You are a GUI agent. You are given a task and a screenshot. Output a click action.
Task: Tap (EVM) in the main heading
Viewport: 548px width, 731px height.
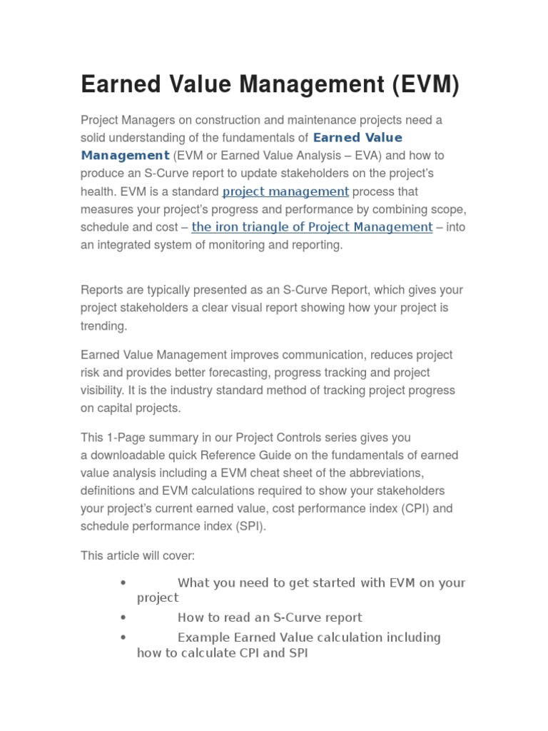[424, 85]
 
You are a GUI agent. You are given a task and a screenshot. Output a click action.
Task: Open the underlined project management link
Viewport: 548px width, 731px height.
[285, 191]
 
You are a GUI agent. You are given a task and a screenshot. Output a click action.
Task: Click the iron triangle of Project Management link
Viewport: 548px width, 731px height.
[312, 227]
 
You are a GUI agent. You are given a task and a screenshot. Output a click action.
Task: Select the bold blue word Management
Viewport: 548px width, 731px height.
[125, 155]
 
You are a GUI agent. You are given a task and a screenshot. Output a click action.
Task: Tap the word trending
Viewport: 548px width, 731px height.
[103, 326]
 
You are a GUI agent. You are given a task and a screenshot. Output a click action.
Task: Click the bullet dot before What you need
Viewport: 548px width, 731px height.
[123, 583]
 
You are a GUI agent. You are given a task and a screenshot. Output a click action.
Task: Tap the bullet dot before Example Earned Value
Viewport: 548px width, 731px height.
[123, 637]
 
